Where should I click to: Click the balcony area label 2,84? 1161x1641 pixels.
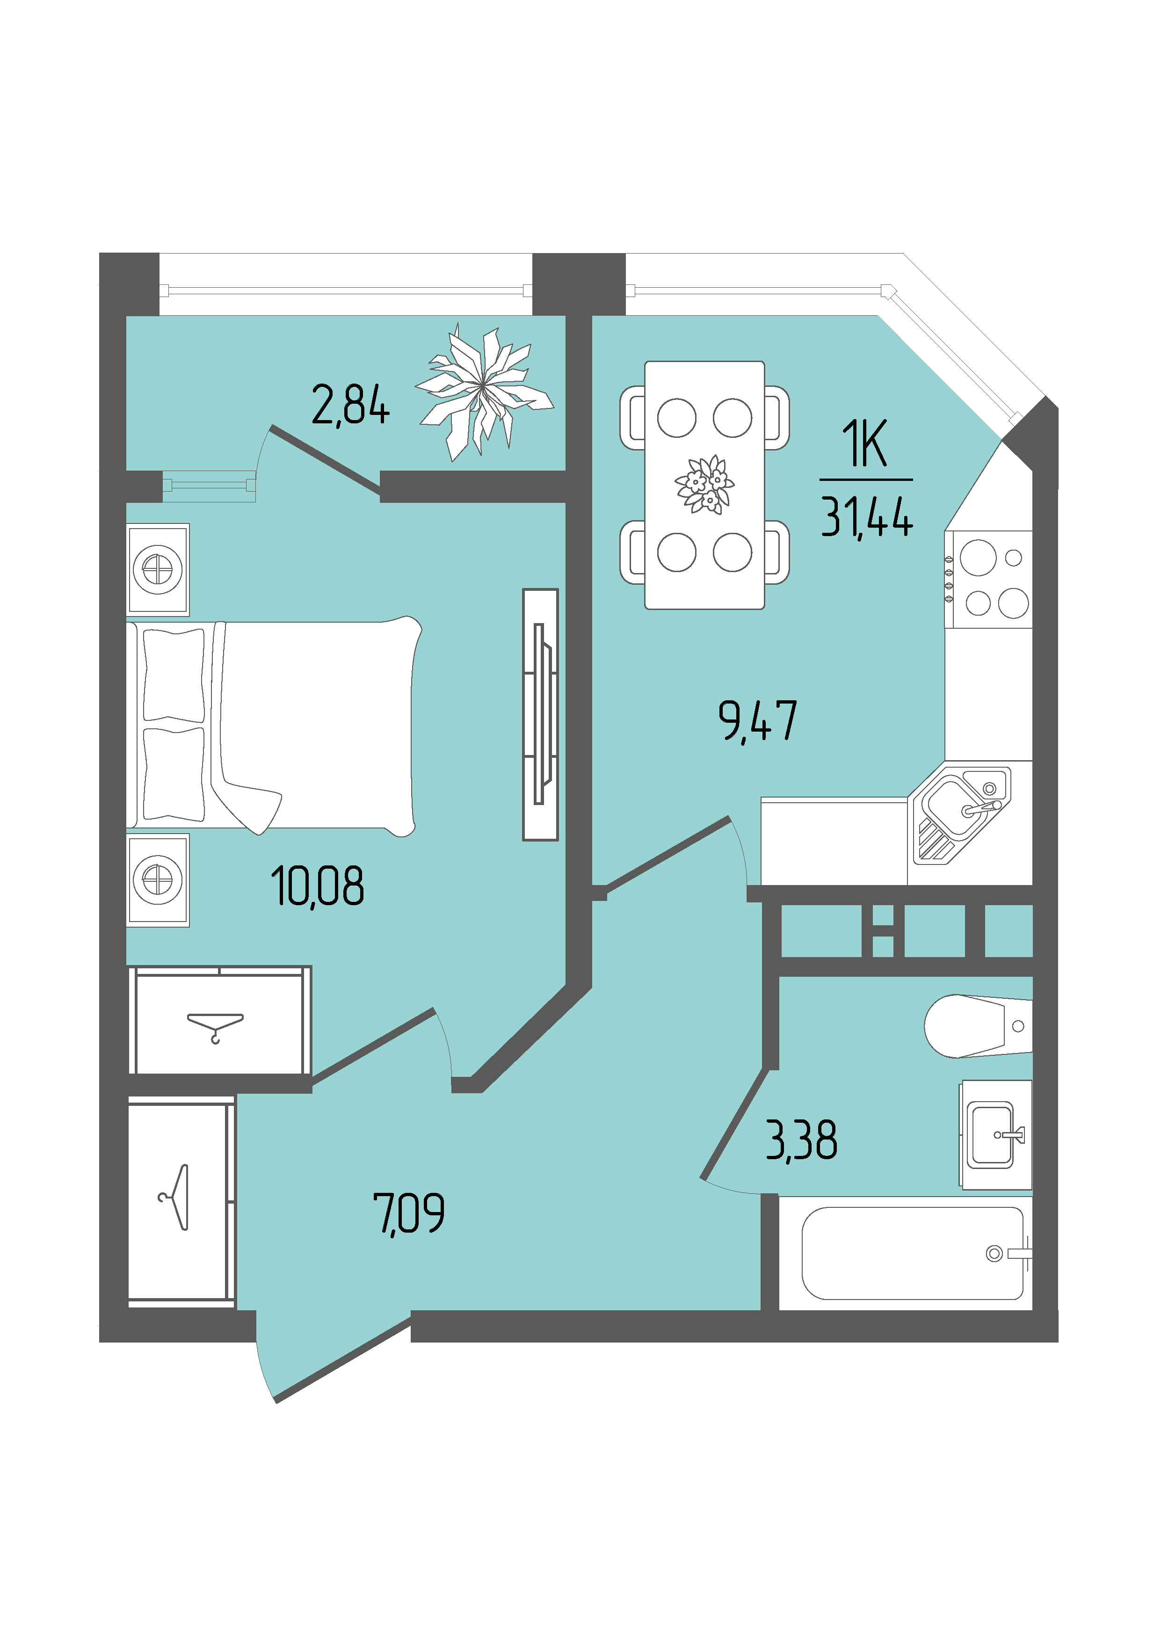[x=350, y=405]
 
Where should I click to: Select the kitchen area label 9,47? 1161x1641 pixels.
[x=758, y=721]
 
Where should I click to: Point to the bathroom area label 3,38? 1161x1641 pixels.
[x=801, y=1140]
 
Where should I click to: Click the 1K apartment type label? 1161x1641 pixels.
[x=865, y=443]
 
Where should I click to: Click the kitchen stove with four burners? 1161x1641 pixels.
[x=988, y=580]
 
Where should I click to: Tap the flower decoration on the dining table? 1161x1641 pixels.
[x=705, y=485]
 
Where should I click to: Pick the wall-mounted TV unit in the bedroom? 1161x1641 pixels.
[x=540, y=715]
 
